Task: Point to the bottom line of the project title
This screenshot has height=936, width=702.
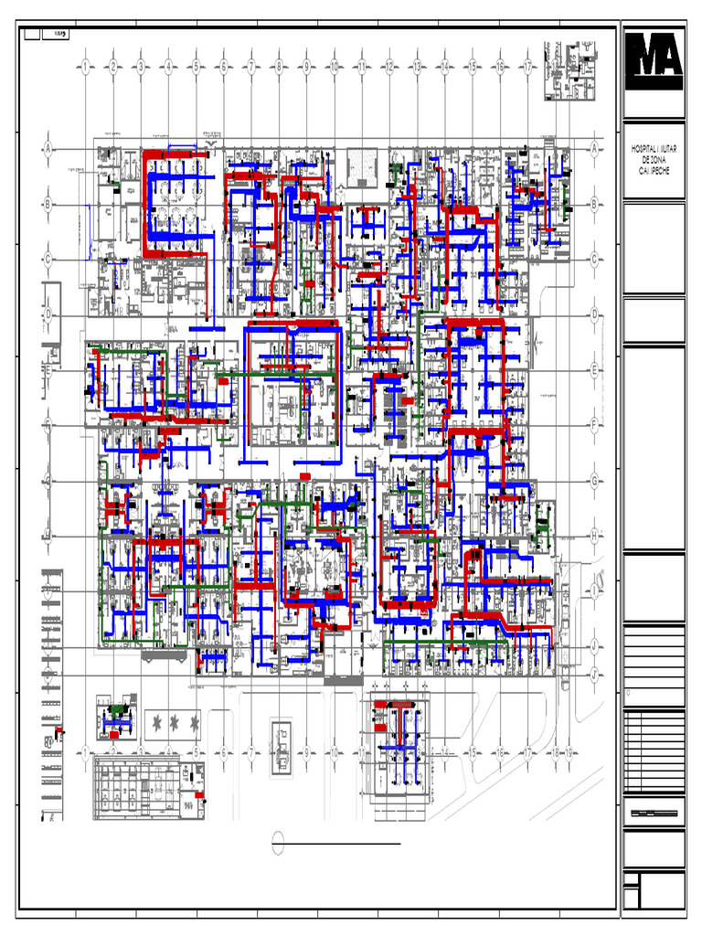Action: tap(654, 170)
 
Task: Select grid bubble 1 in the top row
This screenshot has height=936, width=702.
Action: tap(84, 66)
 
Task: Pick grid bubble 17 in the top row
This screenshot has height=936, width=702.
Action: tap(528, 66)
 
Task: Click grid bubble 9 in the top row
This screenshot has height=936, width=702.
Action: tap(306, 66)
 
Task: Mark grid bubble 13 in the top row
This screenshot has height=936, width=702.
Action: tap(417, 66)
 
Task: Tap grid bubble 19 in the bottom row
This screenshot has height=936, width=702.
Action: tap(569, 753)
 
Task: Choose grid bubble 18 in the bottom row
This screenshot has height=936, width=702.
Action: tap(555, 753)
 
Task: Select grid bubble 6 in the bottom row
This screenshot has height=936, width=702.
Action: tap(223, 753)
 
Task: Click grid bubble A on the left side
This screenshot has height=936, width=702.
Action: tap(48, 148)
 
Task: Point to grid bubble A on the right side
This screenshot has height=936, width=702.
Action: tap(594, 148)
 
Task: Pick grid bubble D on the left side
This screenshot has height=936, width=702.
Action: tap(48, 314)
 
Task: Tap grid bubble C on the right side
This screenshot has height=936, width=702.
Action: tap(594, 260)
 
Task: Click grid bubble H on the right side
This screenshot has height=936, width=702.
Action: tap(594, 537)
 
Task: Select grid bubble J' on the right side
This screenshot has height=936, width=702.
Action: tap(594, 675)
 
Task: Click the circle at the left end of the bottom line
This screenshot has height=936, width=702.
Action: tap(279, 843)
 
